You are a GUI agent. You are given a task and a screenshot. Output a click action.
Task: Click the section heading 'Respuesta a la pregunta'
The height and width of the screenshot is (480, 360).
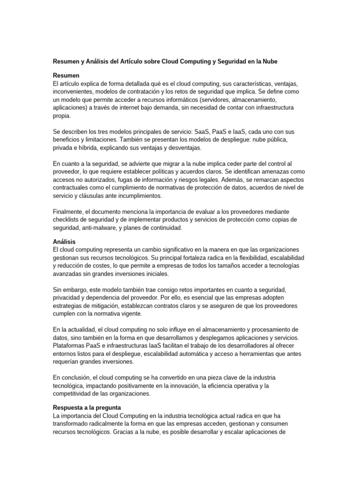[x=87, y=407]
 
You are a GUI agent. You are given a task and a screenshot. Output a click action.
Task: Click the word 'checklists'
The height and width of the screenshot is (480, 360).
[x=68, y=219]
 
